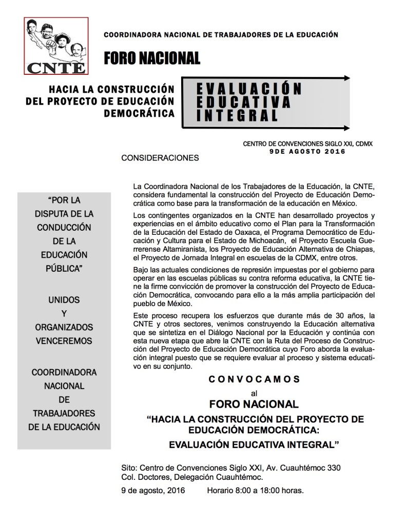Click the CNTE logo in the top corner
[55, 46]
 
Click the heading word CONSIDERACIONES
[160, 158]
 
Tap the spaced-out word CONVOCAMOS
[254, 379]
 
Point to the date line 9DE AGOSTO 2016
[307, 152]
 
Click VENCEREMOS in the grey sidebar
[64, 340]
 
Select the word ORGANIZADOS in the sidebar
[64, 327]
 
